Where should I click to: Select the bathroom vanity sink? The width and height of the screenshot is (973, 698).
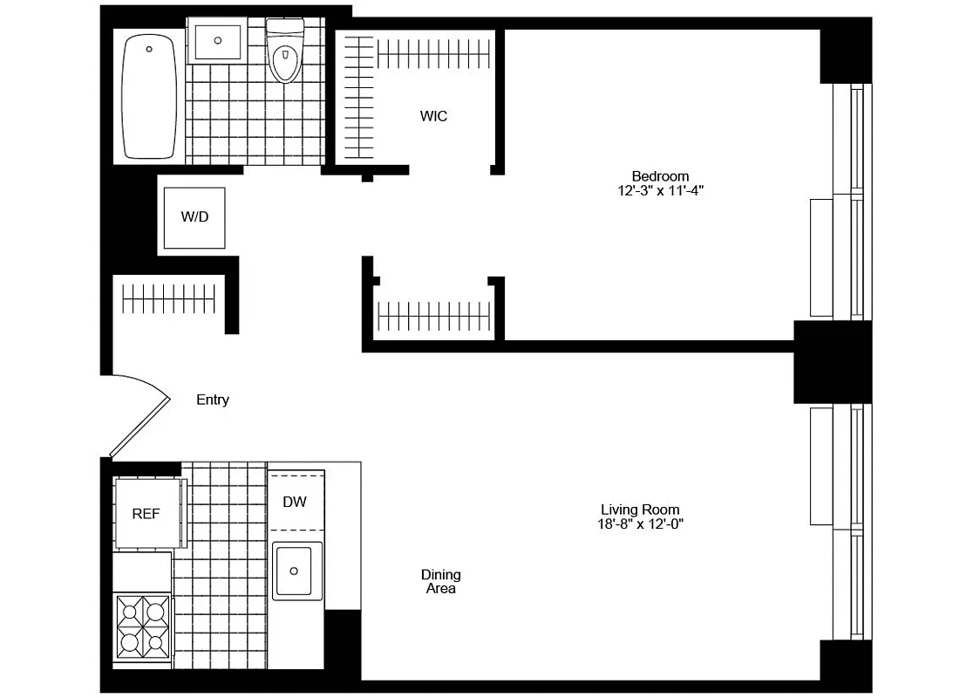[x=216, y=39]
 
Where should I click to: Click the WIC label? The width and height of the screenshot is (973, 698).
[x=433, y=116]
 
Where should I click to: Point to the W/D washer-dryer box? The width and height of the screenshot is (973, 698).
[x=194, y=217]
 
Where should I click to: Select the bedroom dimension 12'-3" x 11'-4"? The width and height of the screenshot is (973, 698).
[x=660, y=189]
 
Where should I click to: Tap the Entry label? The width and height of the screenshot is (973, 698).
[x=213, y=400]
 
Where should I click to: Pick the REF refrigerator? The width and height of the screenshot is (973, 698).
[x=146, y=513]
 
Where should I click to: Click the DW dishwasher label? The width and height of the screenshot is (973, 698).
[x=293, y=502]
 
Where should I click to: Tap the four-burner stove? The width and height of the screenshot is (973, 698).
[x=143, y=626]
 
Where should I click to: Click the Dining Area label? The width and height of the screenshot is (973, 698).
[x=441, y=581]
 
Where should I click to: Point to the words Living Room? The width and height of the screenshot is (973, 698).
[x=640, y=510]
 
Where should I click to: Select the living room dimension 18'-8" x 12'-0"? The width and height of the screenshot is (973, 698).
[x=640, y=524]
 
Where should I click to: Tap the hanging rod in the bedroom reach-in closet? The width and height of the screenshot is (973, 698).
[x=433, y=311]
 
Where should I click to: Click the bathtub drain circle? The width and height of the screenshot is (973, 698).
[x=150, y=49]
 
